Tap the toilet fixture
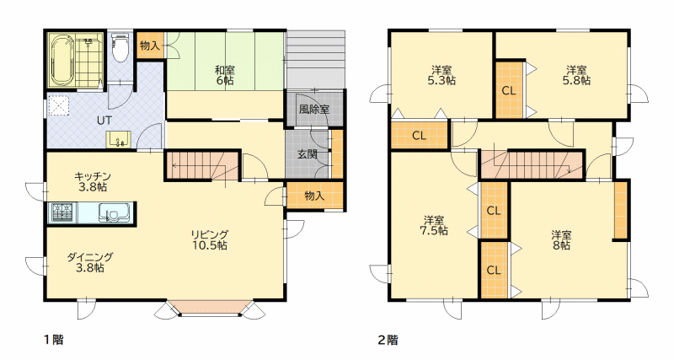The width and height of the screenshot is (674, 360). tap(119, 48)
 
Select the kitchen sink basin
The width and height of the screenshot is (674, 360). tap(114, 213)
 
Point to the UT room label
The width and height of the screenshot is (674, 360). tap(104, 121)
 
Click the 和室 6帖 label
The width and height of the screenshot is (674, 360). tap(224, 75)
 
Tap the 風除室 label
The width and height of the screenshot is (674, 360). tap(313, 110)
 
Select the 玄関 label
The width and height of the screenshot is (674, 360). tap(308, 153)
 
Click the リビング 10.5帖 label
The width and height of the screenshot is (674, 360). tap(209, 240)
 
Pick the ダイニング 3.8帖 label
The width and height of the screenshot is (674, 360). tap(90, 262)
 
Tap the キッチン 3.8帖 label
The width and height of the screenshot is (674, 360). tap(92, 181)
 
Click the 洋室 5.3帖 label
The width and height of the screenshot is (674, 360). tap(441, 75)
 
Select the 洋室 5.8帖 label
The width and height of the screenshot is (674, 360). tap(576, 75)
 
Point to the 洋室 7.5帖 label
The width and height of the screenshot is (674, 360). tap(434, 225)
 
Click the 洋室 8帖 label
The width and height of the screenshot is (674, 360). tap(561, 240)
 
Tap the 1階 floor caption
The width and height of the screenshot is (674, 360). tap(54, 340)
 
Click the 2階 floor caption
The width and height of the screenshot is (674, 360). tap(388, 340)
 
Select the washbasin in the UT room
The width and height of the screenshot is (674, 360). tap(118, 139)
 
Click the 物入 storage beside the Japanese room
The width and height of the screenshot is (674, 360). tap(150, 46)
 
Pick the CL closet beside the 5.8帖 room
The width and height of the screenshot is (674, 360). tap(510, 90)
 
